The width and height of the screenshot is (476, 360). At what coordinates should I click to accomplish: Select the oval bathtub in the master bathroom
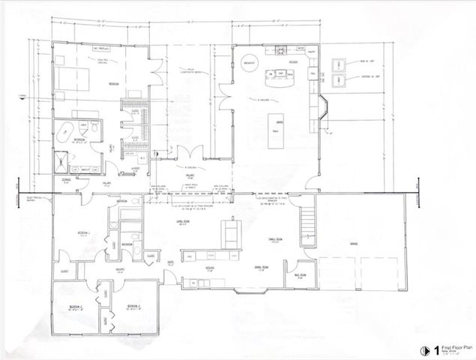(x=64, y=130)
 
